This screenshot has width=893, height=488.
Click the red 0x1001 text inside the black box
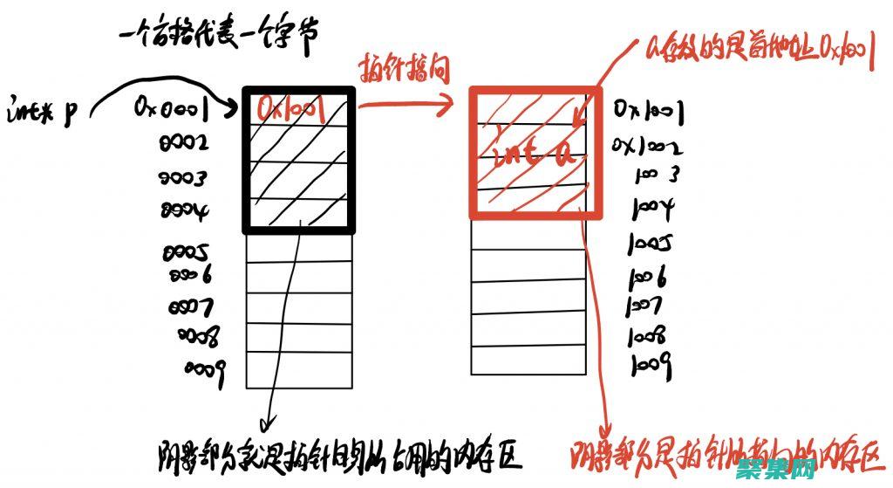[x=290, y=108]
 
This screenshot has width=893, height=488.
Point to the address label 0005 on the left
[x=184, y=253]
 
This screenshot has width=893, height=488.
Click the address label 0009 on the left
[x=206, y=368]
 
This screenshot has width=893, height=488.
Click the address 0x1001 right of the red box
[x=647, y=112]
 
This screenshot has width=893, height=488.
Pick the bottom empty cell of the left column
[x=299, y=370]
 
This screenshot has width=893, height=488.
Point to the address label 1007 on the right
[x=644, y=306]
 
